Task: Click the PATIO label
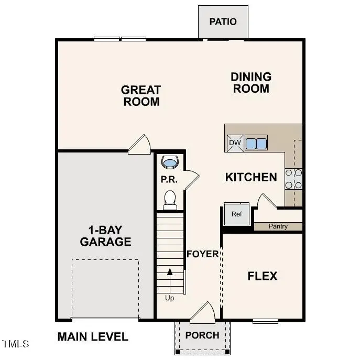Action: coord(223,21)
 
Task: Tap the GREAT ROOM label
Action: coord(141,96)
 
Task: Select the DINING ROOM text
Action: coord(251,83)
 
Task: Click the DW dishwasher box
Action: coord(234,143)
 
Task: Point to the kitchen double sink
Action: coord(256,143)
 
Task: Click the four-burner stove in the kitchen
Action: coord(293,179)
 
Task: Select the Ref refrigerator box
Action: coord(236,214)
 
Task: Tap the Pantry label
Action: coord(278,227)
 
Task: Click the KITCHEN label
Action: coord(251,177)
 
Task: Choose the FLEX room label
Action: coord(263,276)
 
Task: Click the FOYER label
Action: coord(202,254)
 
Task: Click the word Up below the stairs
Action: coord(170,298)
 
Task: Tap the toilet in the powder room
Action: coord(170,199)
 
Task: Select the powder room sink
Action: coord(170,162)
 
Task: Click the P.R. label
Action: coord(169,180)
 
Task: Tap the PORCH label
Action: coord(202,335)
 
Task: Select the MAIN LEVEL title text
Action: coord(93,337)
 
